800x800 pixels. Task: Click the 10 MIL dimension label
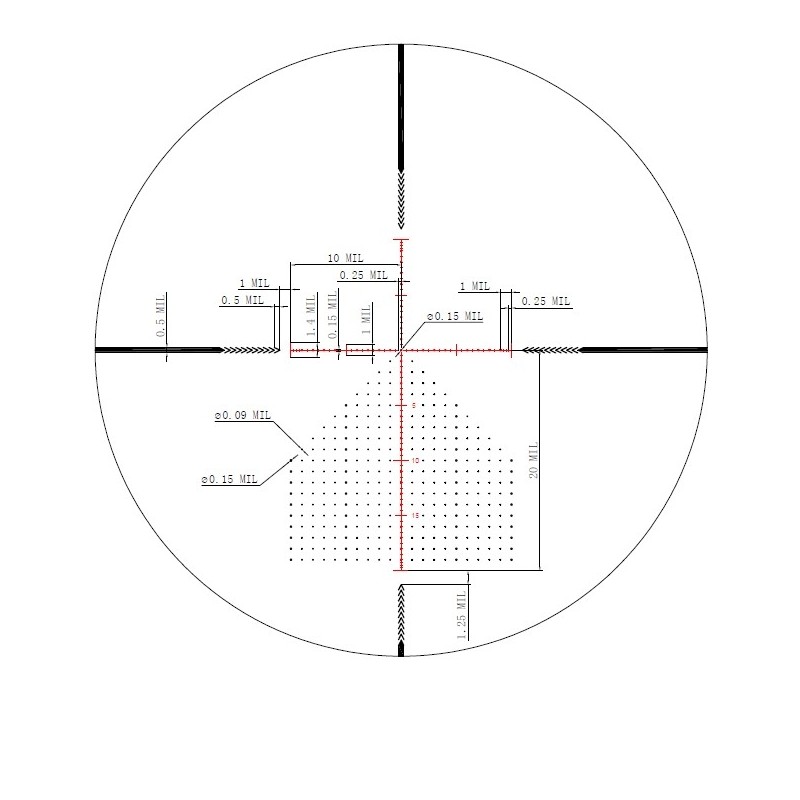(345, 259)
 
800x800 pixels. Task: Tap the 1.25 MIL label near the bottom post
(462, 613)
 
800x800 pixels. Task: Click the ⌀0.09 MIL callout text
(242, 415)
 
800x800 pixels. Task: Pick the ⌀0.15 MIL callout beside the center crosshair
(455, 316)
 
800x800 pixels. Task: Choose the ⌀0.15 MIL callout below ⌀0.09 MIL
(230, 480)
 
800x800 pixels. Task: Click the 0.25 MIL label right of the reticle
(546, 301)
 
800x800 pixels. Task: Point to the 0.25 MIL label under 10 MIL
(363, 275)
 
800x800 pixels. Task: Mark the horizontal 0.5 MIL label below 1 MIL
(242, 300)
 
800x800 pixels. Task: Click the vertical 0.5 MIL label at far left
(160, 318)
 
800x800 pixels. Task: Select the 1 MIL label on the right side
(475, 287)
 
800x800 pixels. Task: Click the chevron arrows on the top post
(401, 198)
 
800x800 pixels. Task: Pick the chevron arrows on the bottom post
(401, 615)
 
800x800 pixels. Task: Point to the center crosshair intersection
(401, 350)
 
